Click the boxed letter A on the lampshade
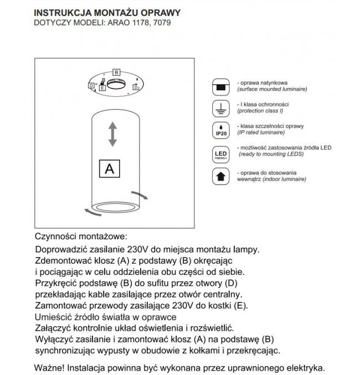(x=109, y=169)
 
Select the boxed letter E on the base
(x=103, y=88)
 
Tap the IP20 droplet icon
(x=220, y=130)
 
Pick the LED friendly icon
(x=220, y=153)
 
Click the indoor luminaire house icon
(x=220, y=177)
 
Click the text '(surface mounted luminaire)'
(x=272, y=89)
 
